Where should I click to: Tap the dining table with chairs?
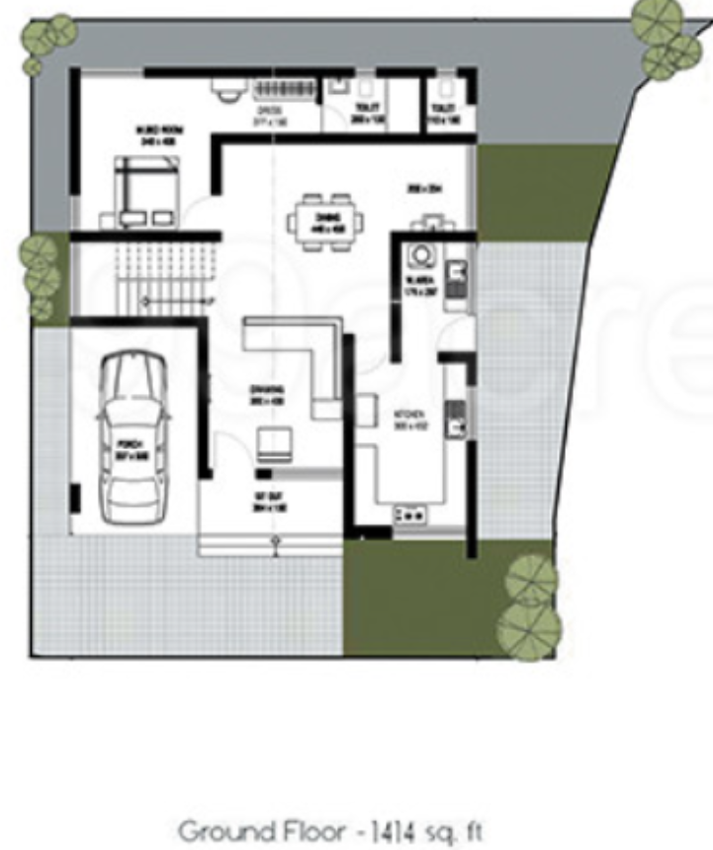tap(324, 222)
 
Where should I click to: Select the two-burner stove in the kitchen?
tap(408, 515)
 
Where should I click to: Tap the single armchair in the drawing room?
tap(275, 444)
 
